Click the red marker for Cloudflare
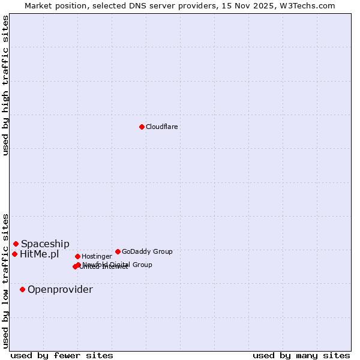click(142, 127)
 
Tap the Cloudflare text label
click(161, 127)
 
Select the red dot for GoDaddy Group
click(118, 251)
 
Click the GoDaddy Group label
click(147, 251)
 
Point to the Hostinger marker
click(77, 256)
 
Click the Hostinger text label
click(97, 256)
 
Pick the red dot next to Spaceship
click(16, 244)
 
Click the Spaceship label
click(45, 244)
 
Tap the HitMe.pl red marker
click(14, 254)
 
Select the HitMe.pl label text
click(39, 254)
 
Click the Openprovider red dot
click(22, 289)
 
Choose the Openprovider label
click(60, 290)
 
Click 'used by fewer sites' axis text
click(62, 355)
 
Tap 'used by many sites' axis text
click(301, 355)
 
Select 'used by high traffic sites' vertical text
click(5, 85)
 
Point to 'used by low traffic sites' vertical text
click(5, 280)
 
